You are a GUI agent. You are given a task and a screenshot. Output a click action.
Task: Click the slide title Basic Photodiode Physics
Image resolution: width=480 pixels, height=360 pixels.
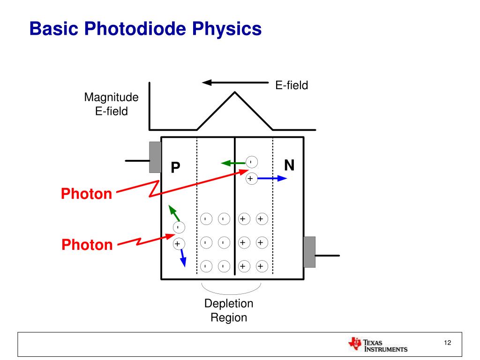coord(145,29)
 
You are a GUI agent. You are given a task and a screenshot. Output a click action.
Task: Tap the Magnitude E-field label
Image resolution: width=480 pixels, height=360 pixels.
coord(112,104)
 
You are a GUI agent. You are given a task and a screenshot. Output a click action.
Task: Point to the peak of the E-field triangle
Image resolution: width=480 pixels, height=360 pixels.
coord(234,92)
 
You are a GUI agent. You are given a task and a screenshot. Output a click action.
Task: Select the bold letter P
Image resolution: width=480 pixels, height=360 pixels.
coord(175,167)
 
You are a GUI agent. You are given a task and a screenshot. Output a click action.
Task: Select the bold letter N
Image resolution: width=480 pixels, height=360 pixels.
coord(290,165)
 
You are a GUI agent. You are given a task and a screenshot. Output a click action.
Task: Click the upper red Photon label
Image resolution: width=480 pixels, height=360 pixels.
coord(87,194)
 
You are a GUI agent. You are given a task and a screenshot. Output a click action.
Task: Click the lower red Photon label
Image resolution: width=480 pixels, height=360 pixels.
coord(87,245)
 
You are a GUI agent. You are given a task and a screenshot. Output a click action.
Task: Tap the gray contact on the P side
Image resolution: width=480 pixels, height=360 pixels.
coord(155,157)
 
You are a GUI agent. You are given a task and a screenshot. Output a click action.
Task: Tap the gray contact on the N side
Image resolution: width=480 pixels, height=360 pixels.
coord(309,252)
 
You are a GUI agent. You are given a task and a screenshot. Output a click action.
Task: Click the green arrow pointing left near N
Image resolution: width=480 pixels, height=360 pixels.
coord(233,163)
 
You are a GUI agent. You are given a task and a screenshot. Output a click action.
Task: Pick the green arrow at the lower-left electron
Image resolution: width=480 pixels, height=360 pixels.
coord(174,213)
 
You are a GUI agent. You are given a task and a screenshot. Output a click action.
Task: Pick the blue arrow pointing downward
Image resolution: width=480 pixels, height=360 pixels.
coord(183,257)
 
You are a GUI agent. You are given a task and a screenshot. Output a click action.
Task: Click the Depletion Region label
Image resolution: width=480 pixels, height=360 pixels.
coord(229,310)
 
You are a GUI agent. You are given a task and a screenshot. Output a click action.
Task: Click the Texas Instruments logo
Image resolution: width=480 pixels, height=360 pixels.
coord(378,345)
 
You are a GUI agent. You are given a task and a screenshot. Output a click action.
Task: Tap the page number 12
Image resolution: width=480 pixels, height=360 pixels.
coord(447,344)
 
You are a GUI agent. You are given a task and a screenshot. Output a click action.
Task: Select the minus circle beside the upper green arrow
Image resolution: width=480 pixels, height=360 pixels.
coord(252,162)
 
